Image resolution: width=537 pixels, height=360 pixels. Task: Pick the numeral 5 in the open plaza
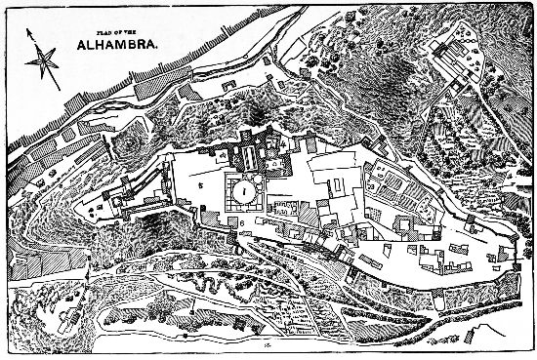point(201,182)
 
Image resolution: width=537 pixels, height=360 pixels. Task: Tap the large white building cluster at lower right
point(439,259)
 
